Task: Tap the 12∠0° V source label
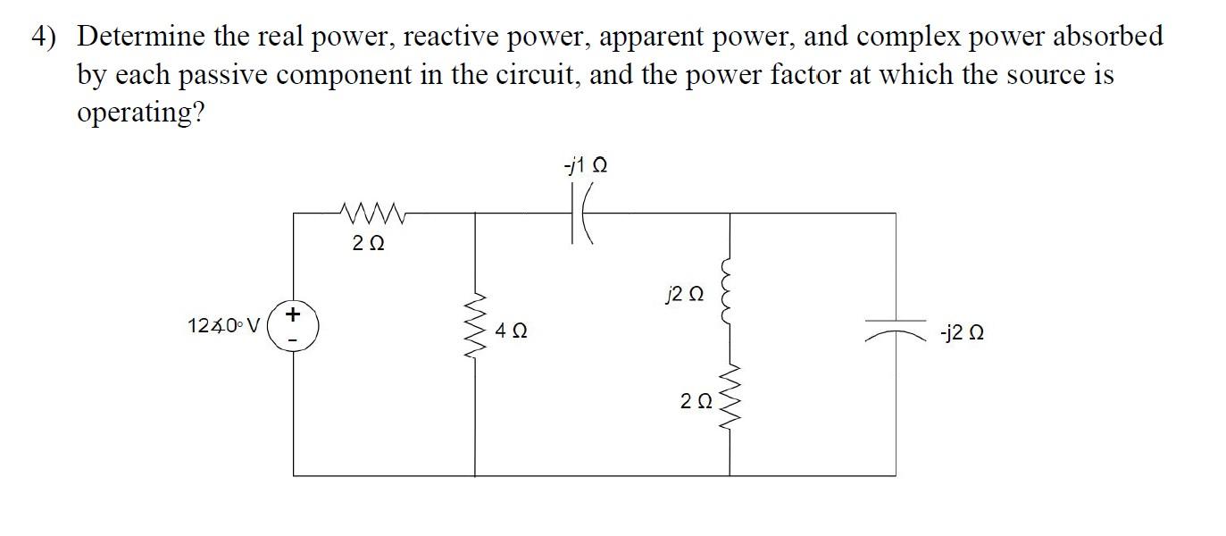tap(222, 325)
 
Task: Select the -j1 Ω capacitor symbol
tap(583, 214)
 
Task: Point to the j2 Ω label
tap(685, 293)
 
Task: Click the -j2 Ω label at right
tap(962, 334)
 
